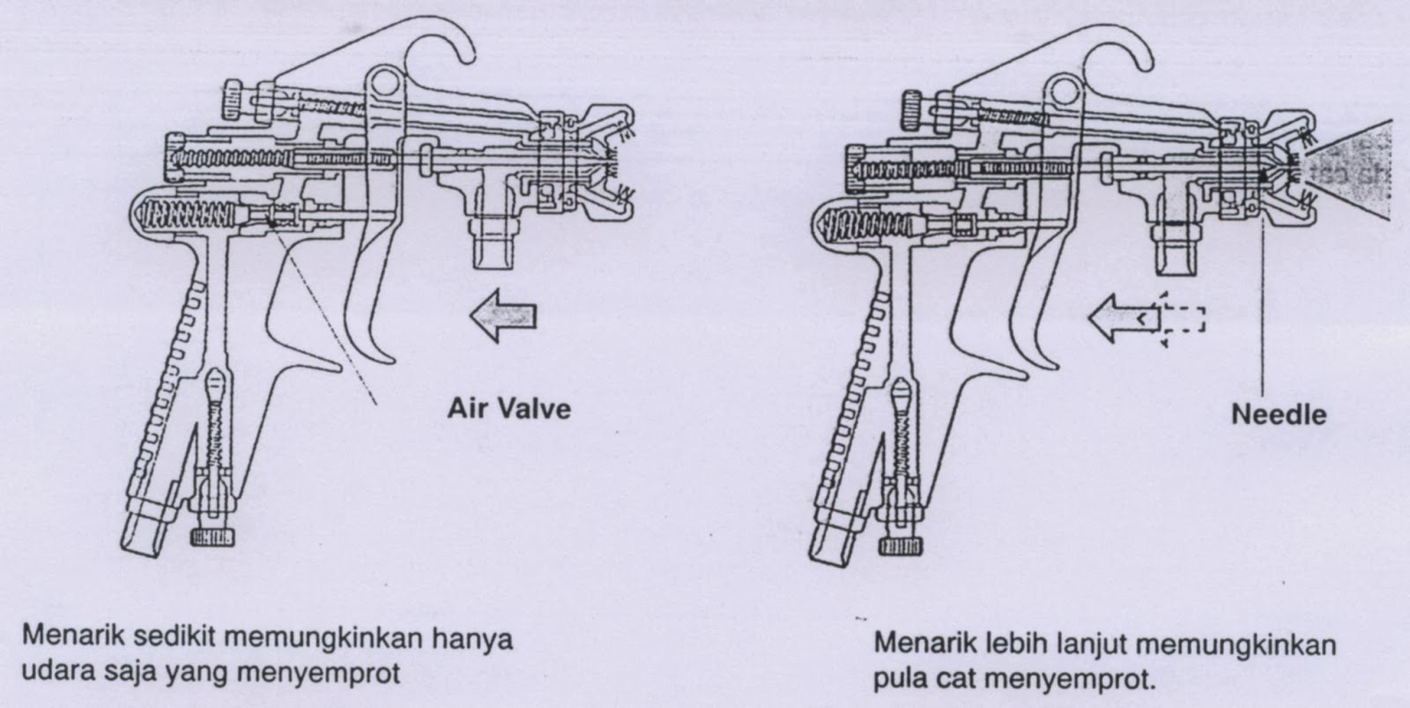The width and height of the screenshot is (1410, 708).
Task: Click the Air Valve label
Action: click(x=508, y=409)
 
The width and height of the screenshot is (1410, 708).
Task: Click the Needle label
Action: click(x=1278, y=414)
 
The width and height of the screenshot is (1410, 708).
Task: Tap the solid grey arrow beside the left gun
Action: click(x=502, y=315)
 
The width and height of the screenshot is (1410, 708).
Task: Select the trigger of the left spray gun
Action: click(x=370, y=291)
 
